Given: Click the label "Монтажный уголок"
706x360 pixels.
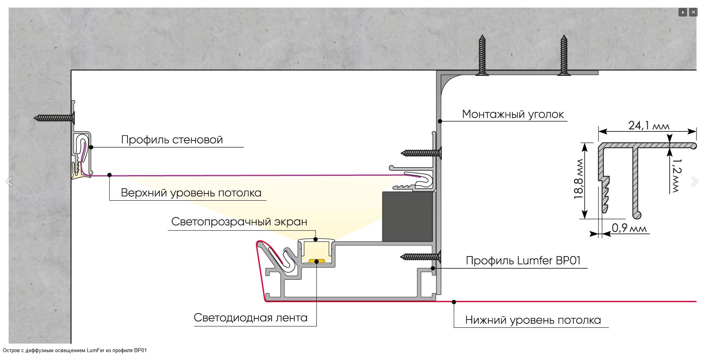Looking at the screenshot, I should [513, 114].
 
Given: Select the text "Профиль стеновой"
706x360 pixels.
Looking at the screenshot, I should [172, 140].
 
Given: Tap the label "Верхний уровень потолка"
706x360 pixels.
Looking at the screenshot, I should [191, 193].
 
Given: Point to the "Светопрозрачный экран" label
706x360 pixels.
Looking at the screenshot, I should [239, 222].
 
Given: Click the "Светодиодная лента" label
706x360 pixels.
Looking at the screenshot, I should [250, 318].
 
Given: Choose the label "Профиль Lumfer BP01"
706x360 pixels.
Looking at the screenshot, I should [523, 260].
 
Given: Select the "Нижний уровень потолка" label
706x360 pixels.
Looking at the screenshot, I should [533, 320].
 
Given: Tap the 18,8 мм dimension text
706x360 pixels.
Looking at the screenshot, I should [578, 181].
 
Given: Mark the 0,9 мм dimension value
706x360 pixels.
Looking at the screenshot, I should [629, 228].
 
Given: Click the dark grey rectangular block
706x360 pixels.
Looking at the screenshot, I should [407, 216].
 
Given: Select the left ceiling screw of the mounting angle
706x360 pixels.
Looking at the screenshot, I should [482, 55].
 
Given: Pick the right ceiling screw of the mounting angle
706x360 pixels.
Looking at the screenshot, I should [564, 55].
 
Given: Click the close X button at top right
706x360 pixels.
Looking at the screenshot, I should [693, 12].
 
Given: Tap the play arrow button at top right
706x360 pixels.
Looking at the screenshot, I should [683, 12].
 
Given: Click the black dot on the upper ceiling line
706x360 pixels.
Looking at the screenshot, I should [109, 175].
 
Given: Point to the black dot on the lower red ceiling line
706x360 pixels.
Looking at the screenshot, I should [454, 302].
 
